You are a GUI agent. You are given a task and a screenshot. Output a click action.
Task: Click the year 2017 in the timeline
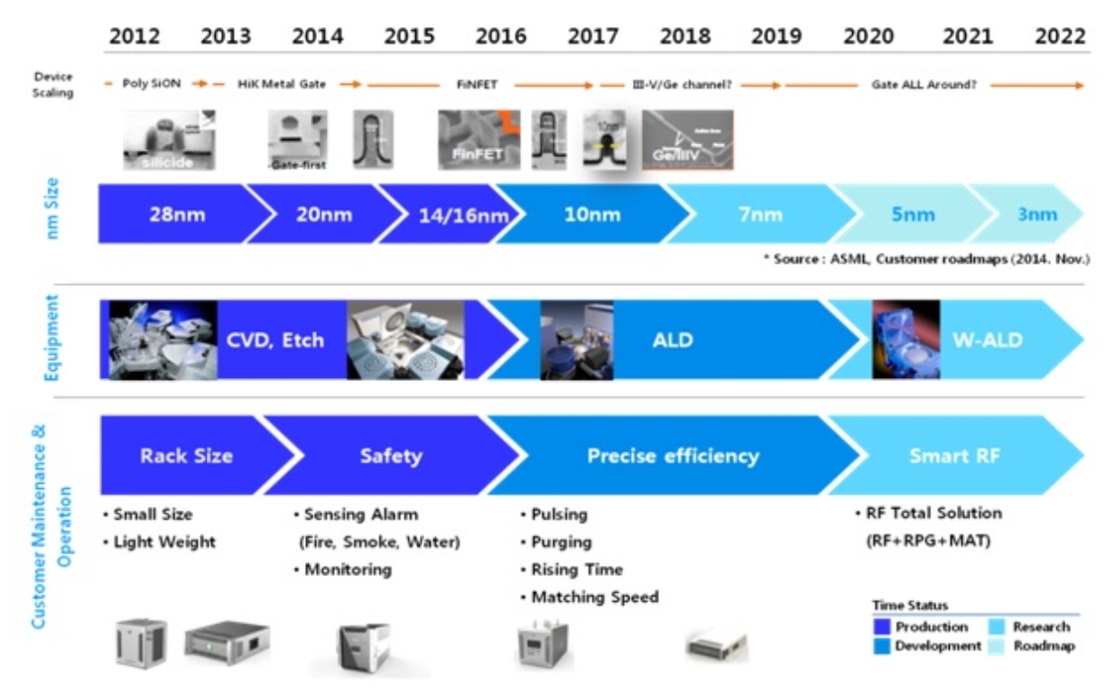tap(592, 36)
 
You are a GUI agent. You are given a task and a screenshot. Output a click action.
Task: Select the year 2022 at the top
tap(1060, 36)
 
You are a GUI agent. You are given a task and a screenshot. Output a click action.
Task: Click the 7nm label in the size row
tap(760, 215)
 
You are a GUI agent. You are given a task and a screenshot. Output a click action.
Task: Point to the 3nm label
tap(1037, 215)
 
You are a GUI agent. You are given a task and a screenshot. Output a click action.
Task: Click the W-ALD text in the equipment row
tap(988, 340)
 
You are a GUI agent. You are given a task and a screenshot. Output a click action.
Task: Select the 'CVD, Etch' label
tap(274, 340)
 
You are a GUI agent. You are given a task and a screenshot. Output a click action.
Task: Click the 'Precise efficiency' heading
tap(673, 456)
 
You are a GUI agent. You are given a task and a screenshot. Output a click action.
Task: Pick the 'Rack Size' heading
tap(186, 456)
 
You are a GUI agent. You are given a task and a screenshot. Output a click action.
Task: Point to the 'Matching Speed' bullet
tap(594, 597)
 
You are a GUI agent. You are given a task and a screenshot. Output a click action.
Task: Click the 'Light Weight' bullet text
tap(164, 542)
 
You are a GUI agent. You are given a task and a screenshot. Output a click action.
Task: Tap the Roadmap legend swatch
tap(999, 646)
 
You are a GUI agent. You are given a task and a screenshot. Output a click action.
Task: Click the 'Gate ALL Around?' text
tap(923, 85)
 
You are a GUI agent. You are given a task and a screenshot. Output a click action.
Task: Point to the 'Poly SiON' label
tap(152, 84)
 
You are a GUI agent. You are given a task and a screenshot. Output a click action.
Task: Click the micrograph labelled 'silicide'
tap(169, 140)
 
